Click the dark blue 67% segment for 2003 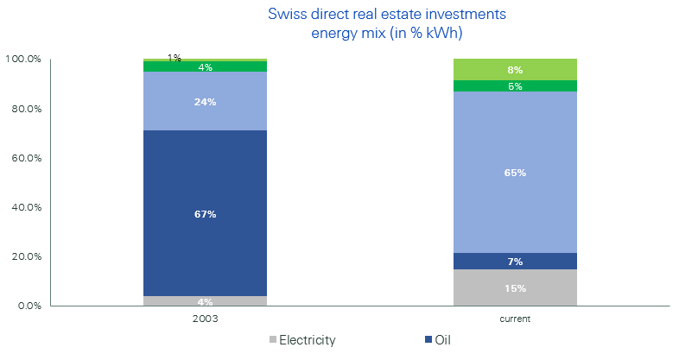205,213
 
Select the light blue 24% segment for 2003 205,101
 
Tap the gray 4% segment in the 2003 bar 205,301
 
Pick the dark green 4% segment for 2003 205,66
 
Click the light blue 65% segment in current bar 515,172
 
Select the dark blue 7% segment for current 515,262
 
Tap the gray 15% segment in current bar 515,287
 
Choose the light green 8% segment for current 515,69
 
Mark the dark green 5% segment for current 515,85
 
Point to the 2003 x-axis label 205,319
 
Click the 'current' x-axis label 515,319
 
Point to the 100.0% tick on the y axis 23,60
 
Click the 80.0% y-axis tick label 25,109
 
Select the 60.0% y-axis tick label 25,158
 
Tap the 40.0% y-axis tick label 25,207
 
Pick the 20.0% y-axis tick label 25,256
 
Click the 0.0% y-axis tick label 28,306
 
